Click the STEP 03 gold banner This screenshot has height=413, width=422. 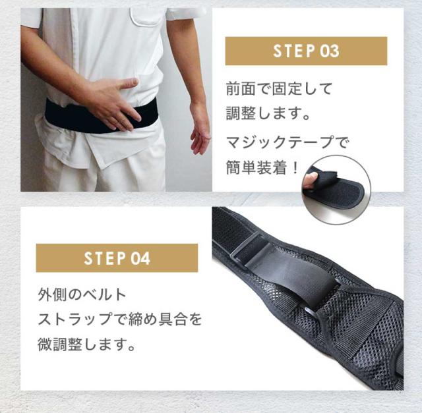click(x=306, y=51)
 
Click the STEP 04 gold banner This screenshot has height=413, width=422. click(x=117, y=258)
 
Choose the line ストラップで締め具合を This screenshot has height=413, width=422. click(x=119, y=318)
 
